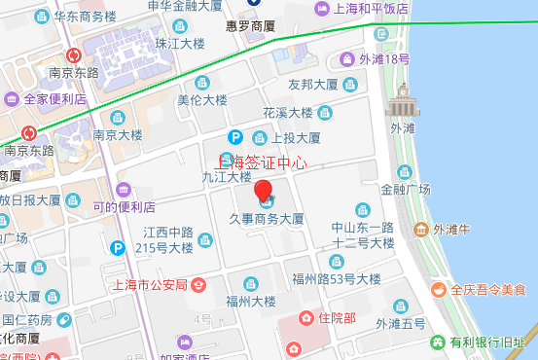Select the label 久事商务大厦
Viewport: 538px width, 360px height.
pos(267,219)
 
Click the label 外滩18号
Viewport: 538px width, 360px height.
pos(384,59)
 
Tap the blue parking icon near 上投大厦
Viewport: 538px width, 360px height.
pos(234,138)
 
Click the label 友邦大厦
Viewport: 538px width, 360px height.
pos(312,85)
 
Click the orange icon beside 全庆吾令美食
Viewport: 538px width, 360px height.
pos(439,289)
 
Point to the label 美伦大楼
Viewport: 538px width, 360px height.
pos(202,100)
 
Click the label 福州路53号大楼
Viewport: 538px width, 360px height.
pos(341,279)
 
